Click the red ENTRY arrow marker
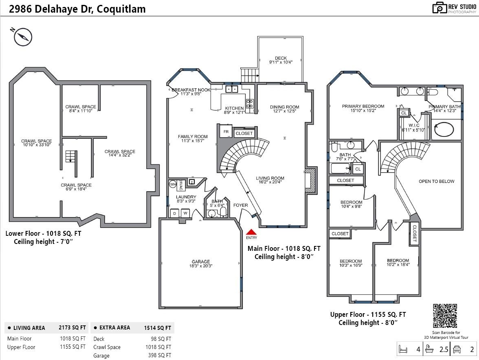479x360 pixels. point(251,232)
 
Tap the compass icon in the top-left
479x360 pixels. point(23,37)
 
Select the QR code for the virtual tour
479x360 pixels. point(445,316)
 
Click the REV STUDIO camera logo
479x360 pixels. point(439,8)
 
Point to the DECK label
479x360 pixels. point(281,58)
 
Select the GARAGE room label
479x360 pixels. point(201,261)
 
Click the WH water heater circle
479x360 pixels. point(172,184)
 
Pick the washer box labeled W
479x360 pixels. point(185,213)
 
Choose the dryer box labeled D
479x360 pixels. point(174,213)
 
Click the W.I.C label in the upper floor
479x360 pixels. point(414,125)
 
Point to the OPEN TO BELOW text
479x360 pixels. point(436,181)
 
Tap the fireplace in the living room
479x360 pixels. point(309,179)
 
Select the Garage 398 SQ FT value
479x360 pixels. point(159,356)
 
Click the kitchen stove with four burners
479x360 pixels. point(249,103)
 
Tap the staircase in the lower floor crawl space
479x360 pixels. point(71,156)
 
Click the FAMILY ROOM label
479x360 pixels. point(193,136)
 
